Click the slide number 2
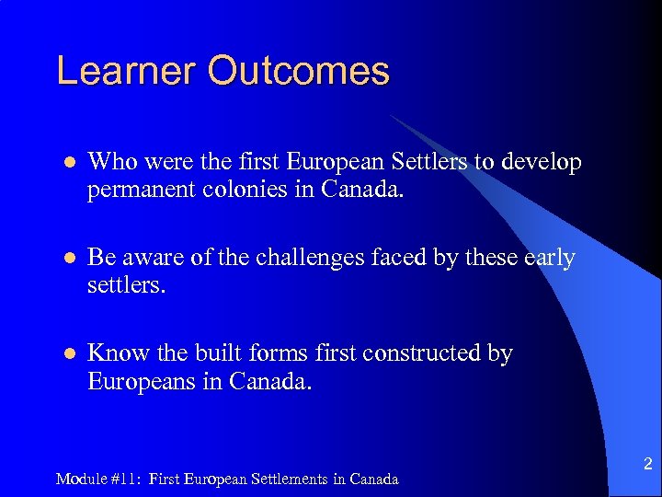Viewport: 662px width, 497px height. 647,463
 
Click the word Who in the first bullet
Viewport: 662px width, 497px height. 109,163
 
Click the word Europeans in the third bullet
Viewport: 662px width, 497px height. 143,381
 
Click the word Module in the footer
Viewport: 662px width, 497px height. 77,479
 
